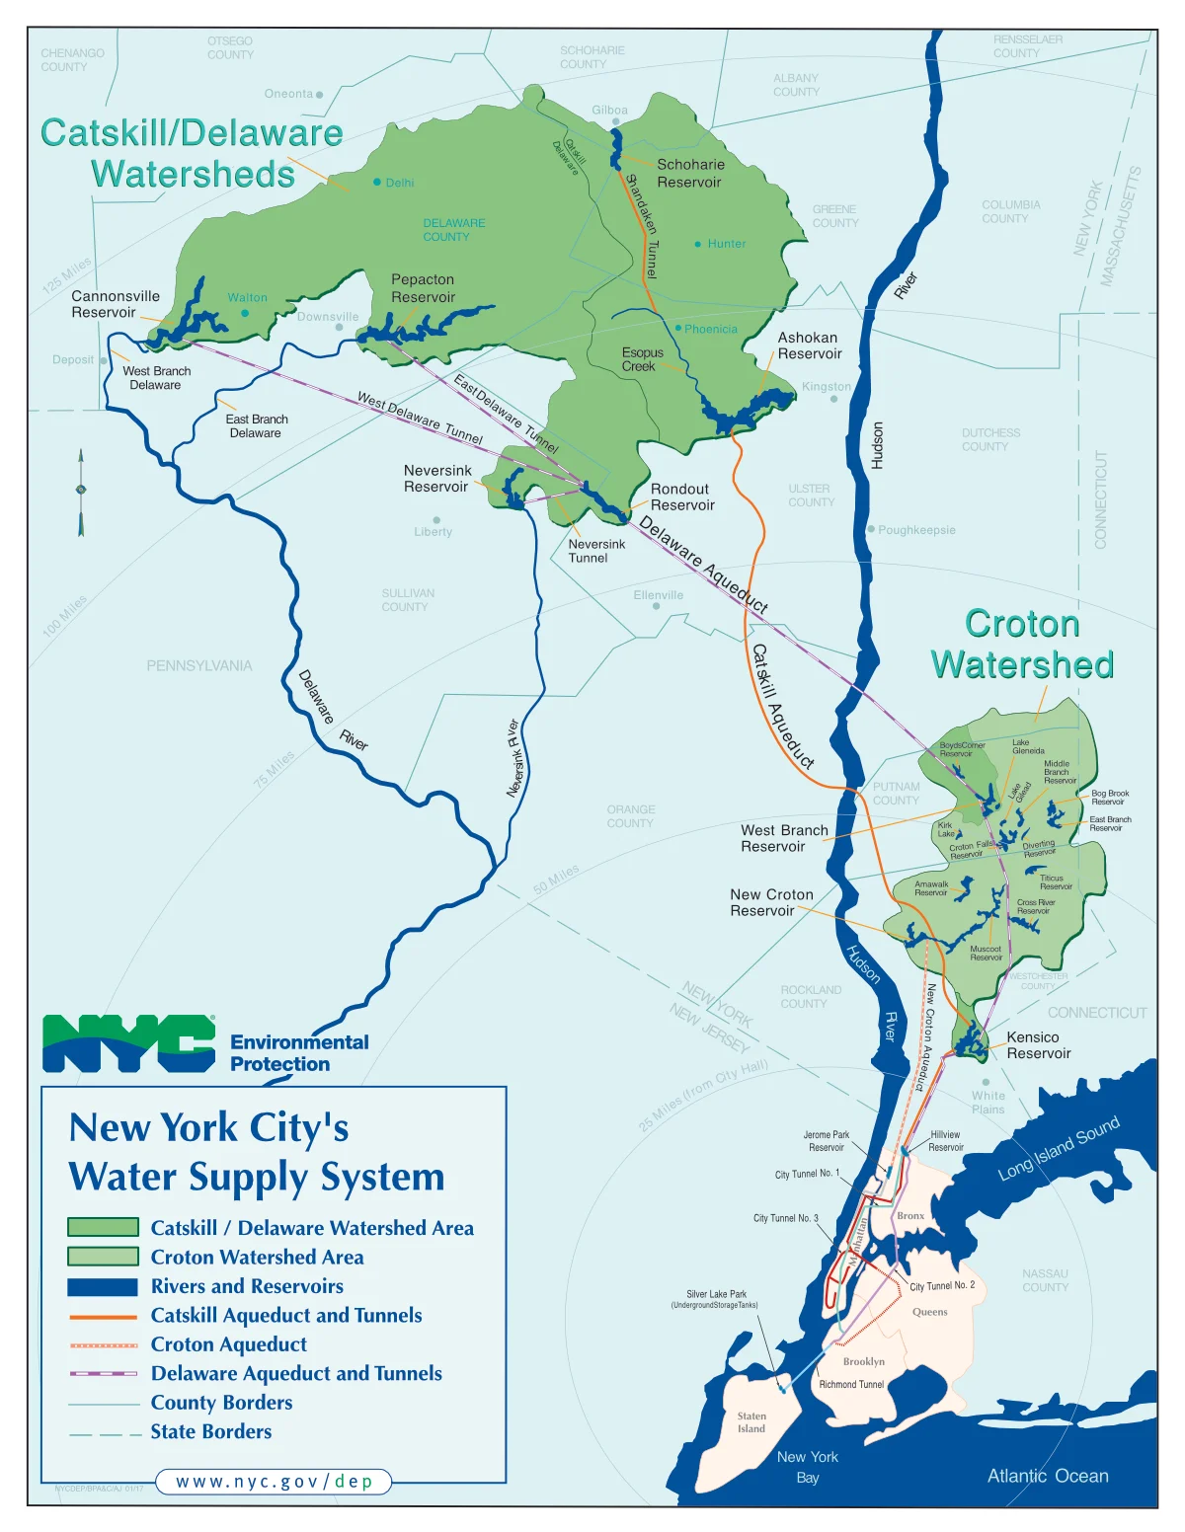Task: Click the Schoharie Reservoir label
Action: (x=690, y=174)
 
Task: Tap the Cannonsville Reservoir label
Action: (x=115, y=304)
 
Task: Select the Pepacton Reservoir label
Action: (x=423, y=288)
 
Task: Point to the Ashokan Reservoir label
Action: (x=809, y=345)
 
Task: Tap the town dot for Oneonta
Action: (x=319, y=95)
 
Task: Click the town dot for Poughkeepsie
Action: (x=871, y=529)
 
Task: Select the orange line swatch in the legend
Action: (x=104, y=1316)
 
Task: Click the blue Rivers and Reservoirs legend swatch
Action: (x=103, y=1286)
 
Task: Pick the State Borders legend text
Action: (x=210, y=1431)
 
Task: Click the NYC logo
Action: (x=128, y=1043)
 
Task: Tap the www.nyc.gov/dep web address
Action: (x=274, y=1482)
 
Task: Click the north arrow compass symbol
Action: (x=81, y=492)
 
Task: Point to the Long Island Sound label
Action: (x=1059, y=1148)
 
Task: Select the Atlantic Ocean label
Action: (x=1047, y=1476)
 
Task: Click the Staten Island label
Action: (x=751, y=1422)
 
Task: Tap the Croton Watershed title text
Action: (x=1022, y=645)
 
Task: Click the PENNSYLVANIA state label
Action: (x=199, y=665)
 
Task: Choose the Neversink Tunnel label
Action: (x=596, y=551)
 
